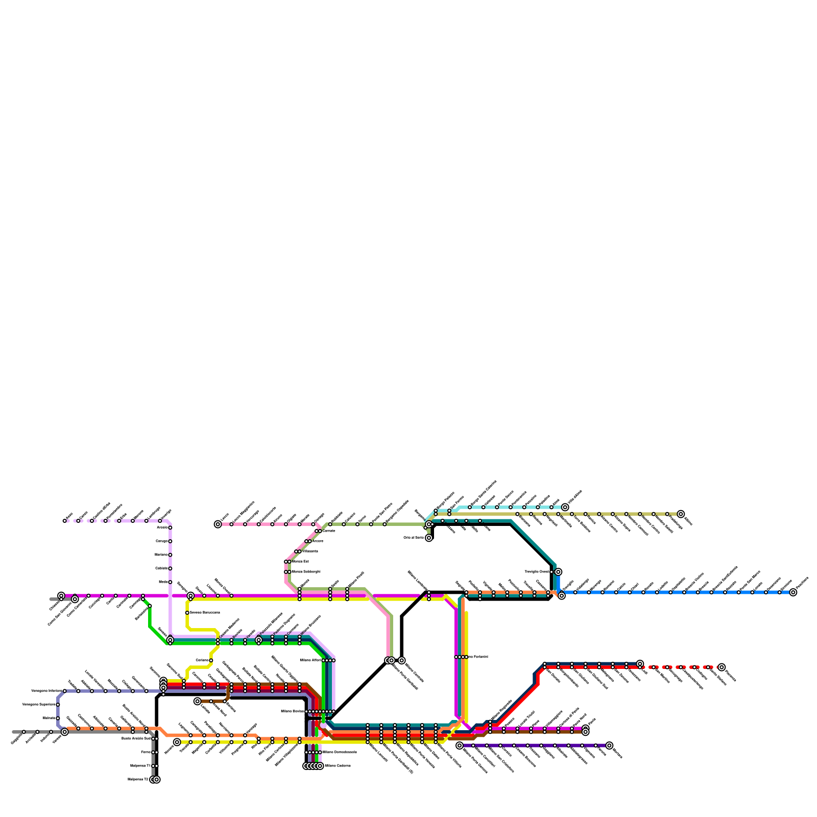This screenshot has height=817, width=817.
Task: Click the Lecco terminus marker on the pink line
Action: [x=218, y=524]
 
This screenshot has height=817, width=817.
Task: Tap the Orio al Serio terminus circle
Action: [x=429, y=538]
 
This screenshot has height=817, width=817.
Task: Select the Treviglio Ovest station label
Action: [x=537, y=571]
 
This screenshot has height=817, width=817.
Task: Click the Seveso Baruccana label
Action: [x=205, y=612]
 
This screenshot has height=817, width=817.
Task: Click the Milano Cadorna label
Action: [x=338, y=765]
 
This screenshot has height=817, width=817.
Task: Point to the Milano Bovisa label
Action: [x=293, y=711]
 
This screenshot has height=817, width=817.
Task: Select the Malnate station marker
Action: [x=58, y=718]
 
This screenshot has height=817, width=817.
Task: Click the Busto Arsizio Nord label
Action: [x=136, y=738]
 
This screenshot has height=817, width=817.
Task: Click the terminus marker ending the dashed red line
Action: [x=722, y=667]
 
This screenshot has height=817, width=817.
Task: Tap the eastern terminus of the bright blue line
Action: [x=793, y=592]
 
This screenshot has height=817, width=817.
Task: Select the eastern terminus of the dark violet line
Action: [x=609, y=746]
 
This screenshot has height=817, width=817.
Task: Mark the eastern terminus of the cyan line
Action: [x=565, y=507]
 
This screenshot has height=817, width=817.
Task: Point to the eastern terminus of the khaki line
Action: [x=681, y=514]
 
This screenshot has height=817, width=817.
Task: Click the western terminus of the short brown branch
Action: [x=198, y=701]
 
